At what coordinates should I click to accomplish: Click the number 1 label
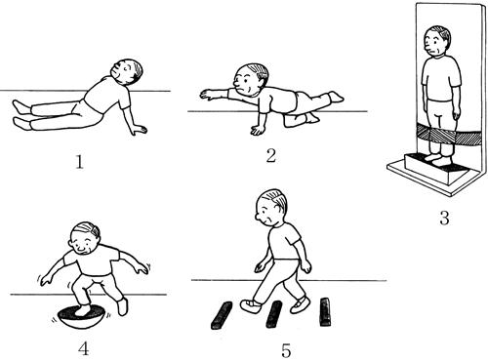[x=80, y=162]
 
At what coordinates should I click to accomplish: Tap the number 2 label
[x=271, y=155]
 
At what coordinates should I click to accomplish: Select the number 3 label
[x=444, y=218]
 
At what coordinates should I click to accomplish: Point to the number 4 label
[x=84, y=348]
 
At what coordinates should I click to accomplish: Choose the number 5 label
[x=286, y=350]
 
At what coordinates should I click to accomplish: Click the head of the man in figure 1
[x=128, y=71]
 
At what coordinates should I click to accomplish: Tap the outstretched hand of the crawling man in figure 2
[x=207, y=94]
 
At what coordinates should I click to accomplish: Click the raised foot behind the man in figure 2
[x=336, y=96]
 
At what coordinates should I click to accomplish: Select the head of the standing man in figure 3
[x=436, y=42]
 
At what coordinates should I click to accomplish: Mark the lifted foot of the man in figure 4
[x=122, y=306]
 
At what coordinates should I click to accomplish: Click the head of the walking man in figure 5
[x=271, y=206]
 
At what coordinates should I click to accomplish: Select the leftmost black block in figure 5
[x=222, y=315]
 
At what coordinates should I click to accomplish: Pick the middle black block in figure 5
[x=274, y=314]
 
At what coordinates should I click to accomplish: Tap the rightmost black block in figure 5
[x=325, y=311]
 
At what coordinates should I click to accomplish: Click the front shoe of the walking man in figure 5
[x=251, y=306]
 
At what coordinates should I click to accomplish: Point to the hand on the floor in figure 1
[x=139, y=130]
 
